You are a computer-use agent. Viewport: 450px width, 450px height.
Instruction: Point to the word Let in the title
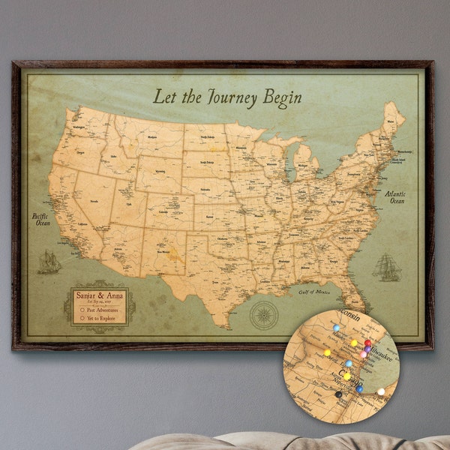(x=163, y=97)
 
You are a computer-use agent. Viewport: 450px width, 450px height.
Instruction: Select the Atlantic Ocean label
(x=395, y=197)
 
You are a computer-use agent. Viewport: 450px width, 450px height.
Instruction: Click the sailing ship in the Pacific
(x=49, y=262)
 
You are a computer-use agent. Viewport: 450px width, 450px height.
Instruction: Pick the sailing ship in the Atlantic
(x=385, y=267)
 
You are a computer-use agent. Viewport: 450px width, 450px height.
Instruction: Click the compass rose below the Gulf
(x=264, y=313)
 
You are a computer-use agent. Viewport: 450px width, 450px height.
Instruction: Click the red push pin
(x=367, y=343)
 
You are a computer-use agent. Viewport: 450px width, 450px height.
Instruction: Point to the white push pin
(x=380, y=391)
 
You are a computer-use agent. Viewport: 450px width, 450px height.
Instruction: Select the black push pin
(x=338, y=394)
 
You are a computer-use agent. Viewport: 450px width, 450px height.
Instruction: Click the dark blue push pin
(x=360, y=388)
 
